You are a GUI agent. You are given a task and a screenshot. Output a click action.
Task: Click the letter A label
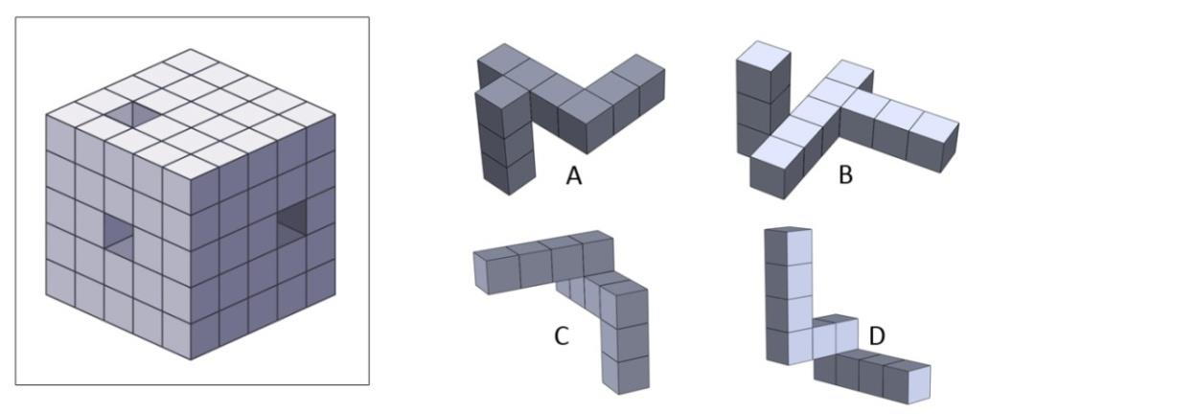[574, 175]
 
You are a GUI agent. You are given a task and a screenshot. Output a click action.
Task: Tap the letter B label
[845, 175]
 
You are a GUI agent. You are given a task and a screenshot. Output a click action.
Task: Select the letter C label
[563, 335]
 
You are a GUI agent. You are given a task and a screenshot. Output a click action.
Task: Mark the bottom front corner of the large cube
[190, 359]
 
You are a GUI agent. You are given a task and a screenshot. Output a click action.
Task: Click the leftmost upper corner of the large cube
[47, 116]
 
